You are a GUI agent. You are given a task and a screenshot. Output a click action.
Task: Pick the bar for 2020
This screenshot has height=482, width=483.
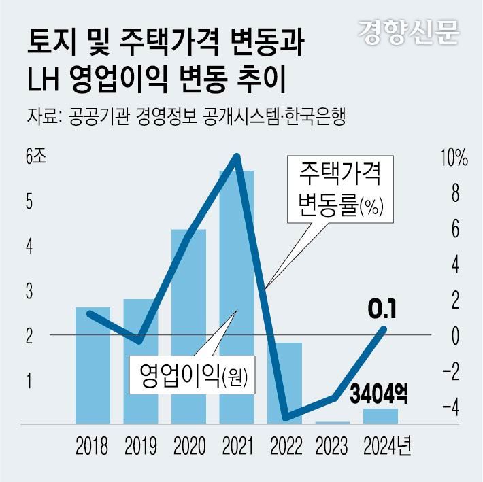(188, 326)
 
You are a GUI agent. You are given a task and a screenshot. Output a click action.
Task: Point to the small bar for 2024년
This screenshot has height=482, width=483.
(380, 415)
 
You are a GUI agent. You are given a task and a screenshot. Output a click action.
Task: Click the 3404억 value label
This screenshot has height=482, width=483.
(379, 393)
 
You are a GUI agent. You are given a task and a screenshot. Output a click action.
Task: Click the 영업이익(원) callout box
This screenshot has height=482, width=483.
(191, 373)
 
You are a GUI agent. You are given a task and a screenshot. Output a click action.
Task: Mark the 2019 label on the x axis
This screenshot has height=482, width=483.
(140, 447)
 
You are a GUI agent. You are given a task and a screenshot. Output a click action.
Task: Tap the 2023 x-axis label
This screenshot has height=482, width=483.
(333, 447)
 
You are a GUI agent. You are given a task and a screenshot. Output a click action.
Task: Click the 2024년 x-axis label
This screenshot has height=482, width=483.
(387, 447)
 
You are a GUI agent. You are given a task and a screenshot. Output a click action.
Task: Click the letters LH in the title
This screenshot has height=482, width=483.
(44, 79)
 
